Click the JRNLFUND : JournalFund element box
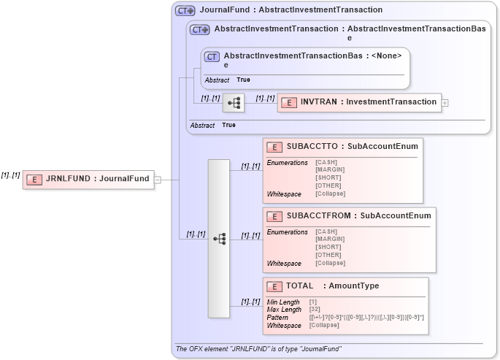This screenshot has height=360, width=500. (x=88, y=179)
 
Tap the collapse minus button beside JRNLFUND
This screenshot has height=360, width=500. (x=158, y=179)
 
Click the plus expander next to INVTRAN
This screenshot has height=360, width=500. (x=445, y=103)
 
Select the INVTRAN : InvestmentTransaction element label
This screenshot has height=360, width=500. (x=368, y=102)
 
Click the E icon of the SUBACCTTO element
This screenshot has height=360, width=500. (x=275, y=146)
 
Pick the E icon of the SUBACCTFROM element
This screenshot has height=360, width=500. (x=275, y=216)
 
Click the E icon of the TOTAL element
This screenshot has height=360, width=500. (x=275, y=286)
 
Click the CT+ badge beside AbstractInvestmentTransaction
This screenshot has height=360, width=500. (x=200, y=30)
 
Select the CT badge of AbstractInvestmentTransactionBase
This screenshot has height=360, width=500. (x=212, y=56)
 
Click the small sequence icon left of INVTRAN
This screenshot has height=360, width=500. (x=234, y=103)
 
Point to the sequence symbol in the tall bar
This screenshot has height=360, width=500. (x=219, y=238)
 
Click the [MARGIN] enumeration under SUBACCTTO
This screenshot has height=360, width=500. (x=330, y=169)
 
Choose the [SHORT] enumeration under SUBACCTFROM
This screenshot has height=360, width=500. (x=328, y=247)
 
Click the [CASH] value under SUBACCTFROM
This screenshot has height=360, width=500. (x=327, y=231)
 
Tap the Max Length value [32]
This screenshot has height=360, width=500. (x=315, y=309)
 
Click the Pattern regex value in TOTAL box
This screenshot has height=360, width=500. (x=366, y=317)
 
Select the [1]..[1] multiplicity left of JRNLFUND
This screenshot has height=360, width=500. (x=10, y=175)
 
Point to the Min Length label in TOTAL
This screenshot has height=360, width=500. (x=282, y=302)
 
